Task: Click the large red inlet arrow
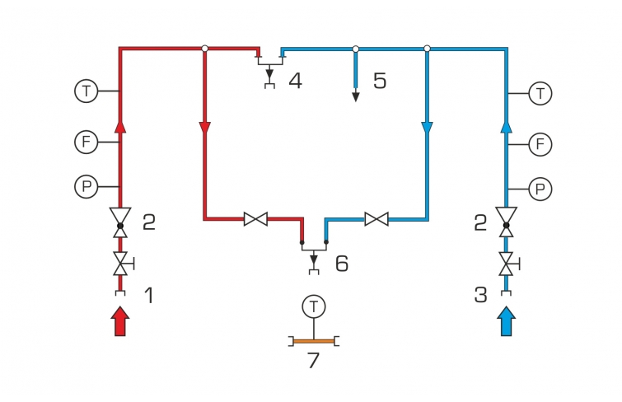point(120,320)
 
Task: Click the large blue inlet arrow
point(507,320)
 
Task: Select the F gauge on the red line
point(87,142)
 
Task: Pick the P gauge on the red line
point(87,186)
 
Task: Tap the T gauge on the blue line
point(540,92)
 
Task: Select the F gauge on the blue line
point(540,145)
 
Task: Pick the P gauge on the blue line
point(540,189)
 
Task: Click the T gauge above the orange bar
point(313,306)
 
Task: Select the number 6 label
point(341,264)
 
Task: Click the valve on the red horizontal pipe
point(255,219)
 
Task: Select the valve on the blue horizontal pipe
point(376,219)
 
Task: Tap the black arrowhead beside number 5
point(356,97)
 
